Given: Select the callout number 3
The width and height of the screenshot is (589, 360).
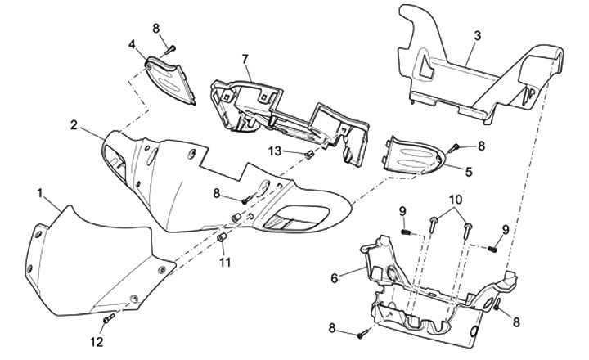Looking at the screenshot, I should [x=478, y=36].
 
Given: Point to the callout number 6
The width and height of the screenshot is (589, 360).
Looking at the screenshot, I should [x=333, y=277].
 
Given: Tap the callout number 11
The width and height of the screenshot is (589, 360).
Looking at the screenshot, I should [x=224, y=262].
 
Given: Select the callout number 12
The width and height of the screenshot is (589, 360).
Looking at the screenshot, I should [x=97, y=341].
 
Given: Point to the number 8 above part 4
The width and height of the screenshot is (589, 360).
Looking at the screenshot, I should [x=155, y=28].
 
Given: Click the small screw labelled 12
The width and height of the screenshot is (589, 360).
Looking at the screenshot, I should [x=109, y=317].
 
